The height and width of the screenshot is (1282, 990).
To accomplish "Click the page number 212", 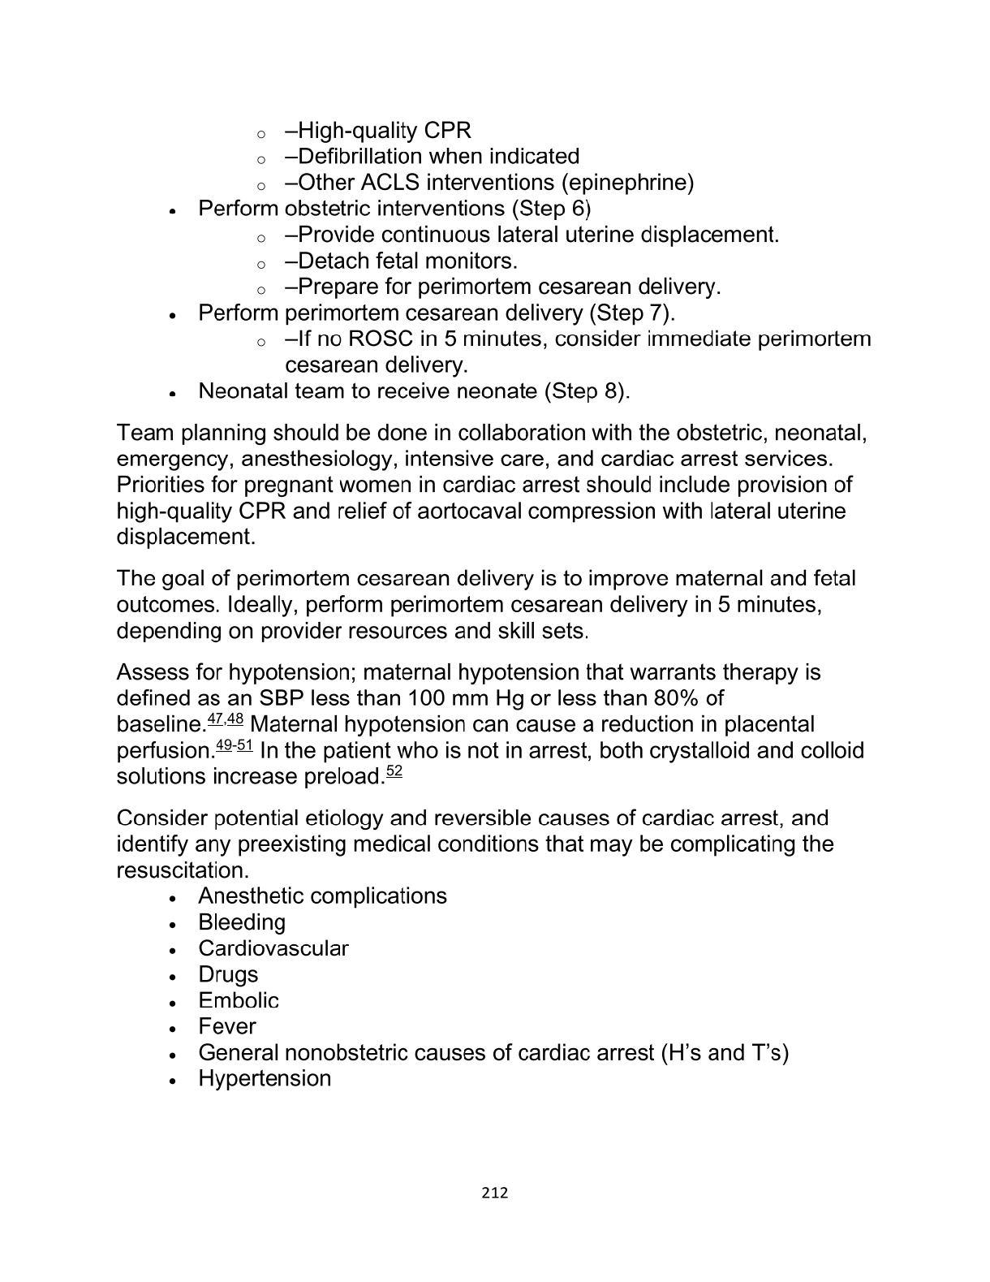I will click(494, 1192).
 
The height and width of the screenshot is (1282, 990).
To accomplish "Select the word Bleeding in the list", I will click(242, 922).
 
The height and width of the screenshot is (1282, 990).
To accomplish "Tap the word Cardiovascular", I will click(273, 948).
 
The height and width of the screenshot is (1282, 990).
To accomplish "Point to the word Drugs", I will click(228, 974).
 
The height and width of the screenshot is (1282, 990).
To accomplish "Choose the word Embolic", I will click(239, 1000).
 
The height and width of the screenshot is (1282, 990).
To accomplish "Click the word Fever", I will click(227, 1026).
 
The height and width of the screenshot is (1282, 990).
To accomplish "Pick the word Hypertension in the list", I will click(265, 1078).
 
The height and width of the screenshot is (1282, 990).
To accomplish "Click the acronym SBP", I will click(282, 698).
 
